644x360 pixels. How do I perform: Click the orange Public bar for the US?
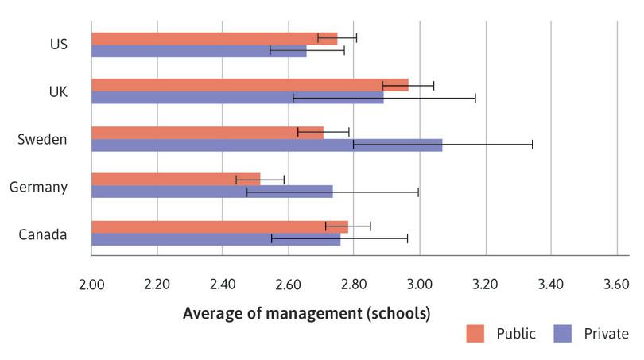215,38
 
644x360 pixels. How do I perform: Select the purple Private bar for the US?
199,51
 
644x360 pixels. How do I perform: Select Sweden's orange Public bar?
208,132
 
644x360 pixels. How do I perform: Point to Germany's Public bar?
176,179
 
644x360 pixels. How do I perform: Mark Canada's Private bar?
215,239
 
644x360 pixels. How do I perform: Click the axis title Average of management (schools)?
306,312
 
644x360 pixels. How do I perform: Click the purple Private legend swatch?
562,334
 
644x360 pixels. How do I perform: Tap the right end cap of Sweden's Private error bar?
532,145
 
